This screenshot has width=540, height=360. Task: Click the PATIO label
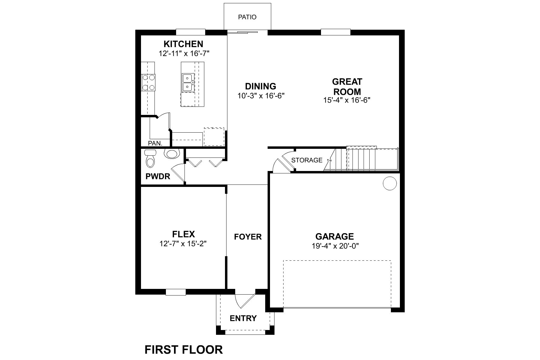[247, 17]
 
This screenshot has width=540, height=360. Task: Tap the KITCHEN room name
[183, 44]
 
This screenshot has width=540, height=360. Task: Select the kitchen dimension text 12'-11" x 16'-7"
[184, 54]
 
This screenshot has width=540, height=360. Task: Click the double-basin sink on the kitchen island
[187, 82]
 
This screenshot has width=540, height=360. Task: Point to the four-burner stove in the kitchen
[148, 82]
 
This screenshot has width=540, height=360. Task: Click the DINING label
[260, 86]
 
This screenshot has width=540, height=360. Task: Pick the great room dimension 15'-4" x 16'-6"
[347, 100]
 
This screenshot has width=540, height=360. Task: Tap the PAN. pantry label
[155, 143]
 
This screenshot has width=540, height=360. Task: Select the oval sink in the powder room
[172, 154]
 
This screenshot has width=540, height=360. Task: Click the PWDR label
[158, 176]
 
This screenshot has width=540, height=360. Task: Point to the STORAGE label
[307, 160]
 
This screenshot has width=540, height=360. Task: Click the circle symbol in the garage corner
[390, 183]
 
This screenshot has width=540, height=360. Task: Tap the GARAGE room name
[334, 237]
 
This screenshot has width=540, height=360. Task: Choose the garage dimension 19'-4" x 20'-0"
[335, 246]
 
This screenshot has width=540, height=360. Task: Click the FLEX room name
[184, 234]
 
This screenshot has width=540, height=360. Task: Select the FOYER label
[248, 237]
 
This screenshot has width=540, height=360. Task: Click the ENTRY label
[243, 318]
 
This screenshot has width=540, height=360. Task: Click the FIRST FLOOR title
[184, 350]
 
